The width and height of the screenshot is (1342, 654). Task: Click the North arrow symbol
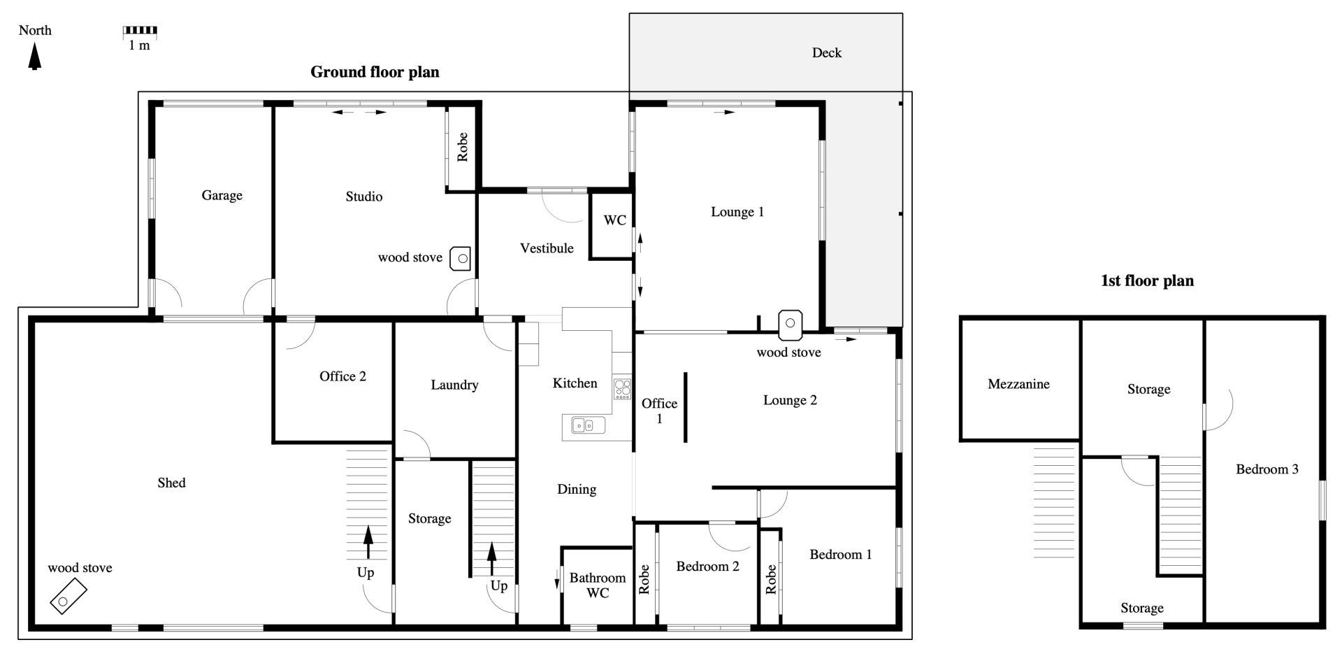(x=34, y=56)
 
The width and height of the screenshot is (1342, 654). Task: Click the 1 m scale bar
(x=140, y=31)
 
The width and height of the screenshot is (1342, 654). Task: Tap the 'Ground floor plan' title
(x=375, y=72)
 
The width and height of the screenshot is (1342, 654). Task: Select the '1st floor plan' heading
(x=1147, y=281)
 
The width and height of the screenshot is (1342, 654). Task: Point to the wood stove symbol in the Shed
(x=68, y=597)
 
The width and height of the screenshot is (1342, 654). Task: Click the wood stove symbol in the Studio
(x=461, y=259)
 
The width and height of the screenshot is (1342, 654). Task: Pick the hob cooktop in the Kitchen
(x=622, y=388)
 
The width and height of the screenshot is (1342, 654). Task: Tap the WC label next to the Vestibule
(x=615, y=220)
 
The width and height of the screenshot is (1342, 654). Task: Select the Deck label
(x=827, y=53)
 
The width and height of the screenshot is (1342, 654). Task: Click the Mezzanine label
(x=1018, y=384)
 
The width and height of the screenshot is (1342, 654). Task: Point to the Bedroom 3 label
(x=1267, y=469)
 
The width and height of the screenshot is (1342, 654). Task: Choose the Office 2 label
(x=342, y=376)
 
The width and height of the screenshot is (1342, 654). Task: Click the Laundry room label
(x=454, y=385)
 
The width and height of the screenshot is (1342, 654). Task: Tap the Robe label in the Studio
(x=462, y=147)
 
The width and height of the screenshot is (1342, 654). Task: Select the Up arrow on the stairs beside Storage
(x=491, y=559)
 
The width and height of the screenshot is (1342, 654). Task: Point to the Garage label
(x=222, y=196)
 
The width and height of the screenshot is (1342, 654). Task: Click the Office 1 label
(x=659, y=411)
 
